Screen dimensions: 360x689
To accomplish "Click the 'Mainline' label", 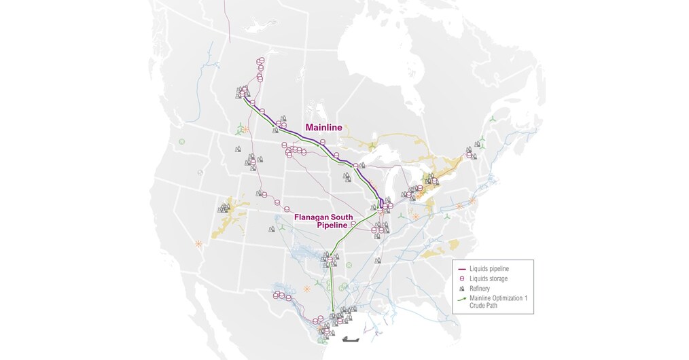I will point(323,126).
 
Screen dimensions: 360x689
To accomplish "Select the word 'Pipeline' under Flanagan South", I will point(332,225).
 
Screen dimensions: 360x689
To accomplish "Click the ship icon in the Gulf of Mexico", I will point(352,338).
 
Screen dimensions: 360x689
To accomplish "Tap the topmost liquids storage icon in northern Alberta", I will point(259,62).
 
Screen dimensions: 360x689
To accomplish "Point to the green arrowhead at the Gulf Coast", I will point(332,310).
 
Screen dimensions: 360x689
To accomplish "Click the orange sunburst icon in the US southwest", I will point(198,243).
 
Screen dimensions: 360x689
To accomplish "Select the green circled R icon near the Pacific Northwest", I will point(182,141).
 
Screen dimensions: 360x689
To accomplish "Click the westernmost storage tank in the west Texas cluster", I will point(276,295).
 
